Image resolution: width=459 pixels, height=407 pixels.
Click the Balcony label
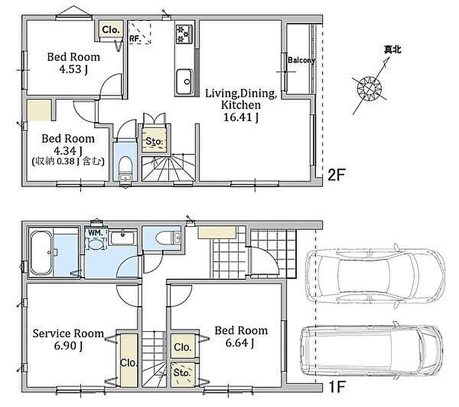(x=301, y=61)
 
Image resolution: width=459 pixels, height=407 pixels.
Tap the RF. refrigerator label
(x=135, y=38)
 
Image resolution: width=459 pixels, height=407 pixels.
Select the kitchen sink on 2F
(x=185, y=81)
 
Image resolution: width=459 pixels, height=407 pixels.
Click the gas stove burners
(x=183, y=34)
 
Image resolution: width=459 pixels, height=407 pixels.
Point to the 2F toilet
(x=126, y=168)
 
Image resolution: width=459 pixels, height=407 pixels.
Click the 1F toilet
(x=168, y=238)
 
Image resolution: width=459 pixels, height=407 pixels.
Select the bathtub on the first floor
(x=42, y=252)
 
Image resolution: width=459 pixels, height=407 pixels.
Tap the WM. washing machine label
(x=95, y=233)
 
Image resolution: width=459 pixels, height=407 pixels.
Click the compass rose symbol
(x=370, y=88)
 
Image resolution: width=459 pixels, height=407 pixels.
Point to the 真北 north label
(x=392, y=49)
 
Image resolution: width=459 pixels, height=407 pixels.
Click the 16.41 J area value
(x=240, y=117)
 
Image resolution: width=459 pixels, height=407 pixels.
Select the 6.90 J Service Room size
(x=68, y=345)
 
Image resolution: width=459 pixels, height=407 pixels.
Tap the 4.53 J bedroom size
(x=74, y=69)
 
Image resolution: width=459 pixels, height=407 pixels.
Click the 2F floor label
(x=336, y=175)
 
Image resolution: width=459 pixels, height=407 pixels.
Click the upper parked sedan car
(x=375, y=276)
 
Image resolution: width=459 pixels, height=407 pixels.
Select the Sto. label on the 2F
(x=154, y=141)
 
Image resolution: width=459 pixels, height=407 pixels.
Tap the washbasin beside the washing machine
(x=123, y=238)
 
